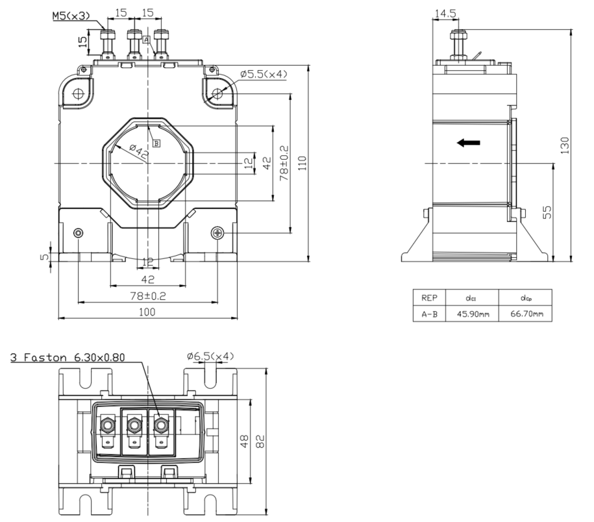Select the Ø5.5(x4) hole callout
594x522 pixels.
263,75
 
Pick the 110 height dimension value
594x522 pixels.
301,163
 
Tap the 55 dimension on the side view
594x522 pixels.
547,212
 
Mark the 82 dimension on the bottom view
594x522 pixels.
260,441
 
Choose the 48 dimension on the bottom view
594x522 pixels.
243,441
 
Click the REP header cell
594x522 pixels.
428,299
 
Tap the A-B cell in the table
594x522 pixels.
428,314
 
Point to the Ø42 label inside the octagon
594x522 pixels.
138,151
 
